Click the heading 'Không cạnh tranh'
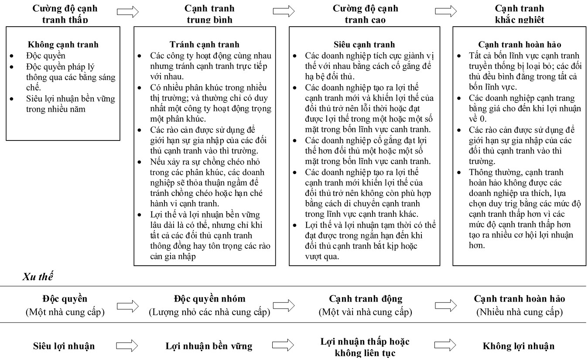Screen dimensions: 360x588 (63, 45)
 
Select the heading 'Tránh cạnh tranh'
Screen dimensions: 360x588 (204, 45)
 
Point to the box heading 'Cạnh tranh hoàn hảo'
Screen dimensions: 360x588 (519, 45)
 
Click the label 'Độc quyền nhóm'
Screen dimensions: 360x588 (209, 299)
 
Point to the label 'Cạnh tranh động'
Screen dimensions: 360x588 (366, 299)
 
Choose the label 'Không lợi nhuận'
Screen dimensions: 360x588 (519, 347)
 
